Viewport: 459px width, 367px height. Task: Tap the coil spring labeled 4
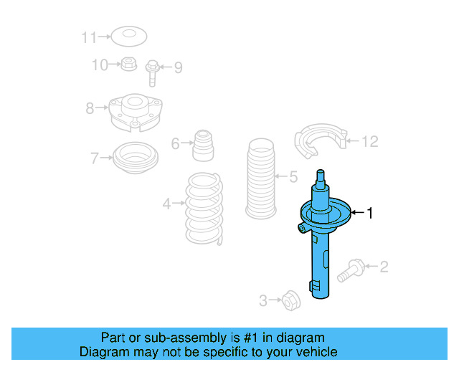click(x=204, y=207)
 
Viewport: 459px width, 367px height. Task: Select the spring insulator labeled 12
click(x=320, y=141)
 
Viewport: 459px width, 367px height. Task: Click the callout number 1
click(x=370, y=212)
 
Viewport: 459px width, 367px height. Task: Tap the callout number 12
click(x=369, y=141)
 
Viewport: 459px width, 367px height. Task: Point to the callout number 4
click(x=166, y=204)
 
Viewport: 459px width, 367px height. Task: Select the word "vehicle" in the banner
click(x=315, y=352)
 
